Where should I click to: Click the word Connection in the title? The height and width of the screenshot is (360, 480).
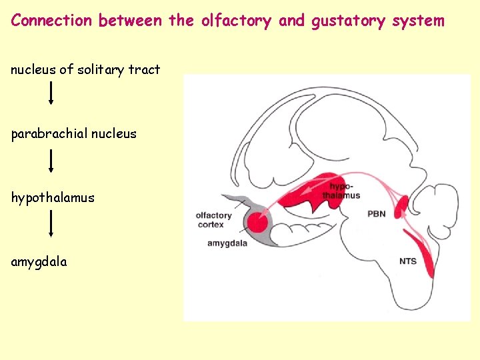[52, 20]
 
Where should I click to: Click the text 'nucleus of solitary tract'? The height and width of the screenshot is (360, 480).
[85, 69]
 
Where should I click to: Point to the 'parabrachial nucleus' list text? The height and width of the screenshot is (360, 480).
[73, 133]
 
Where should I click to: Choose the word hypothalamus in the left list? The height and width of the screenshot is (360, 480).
[53, 198]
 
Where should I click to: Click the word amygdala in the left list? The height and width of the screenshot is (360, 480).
[39, 262]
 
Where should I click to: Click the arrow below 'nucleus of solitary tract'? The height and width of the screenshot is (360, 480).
[51, 95]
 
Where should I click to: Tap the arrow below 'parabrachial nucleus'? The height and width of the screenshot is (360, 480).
[51, 160]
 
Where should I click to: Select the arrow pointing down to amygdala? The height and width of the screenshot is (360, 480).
[51, 224]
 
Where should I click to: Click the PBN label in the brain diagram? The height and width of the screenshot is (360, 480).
[377, 214]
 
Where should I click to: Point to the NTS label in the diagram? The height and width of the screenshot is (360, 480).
[407, 261]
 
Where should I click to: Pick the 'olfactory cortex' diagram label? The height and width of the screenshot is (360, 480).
[213, 219]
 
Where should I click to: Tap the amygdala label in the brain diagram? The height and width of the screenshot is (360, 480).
[227, 244]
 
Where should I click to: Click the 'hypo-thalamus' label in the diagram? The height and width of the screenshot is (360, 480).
[341, 191]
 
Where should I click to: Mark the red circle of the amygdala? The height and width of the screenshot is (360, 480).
[257, 222]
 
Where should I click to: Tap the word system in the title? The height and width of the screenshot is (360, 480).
[417, 20]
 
